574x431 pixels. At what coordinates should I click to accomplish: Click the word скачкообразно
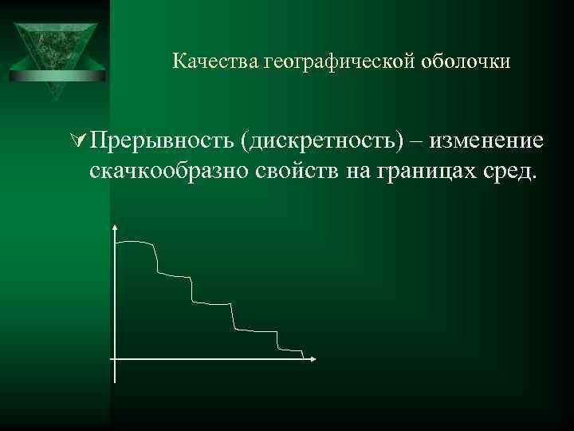171,169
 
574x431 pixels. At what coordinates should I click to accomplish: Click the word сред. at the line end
509,169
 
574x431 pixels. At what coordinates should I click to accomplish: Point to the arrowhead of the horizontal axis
313,359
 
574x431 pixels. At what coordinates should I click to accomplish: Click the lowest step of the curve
291,349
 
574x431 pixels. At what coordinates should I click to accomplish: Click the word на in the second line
356,170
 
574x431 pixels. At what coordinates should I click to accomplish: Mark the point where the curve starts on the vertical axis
117,242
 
